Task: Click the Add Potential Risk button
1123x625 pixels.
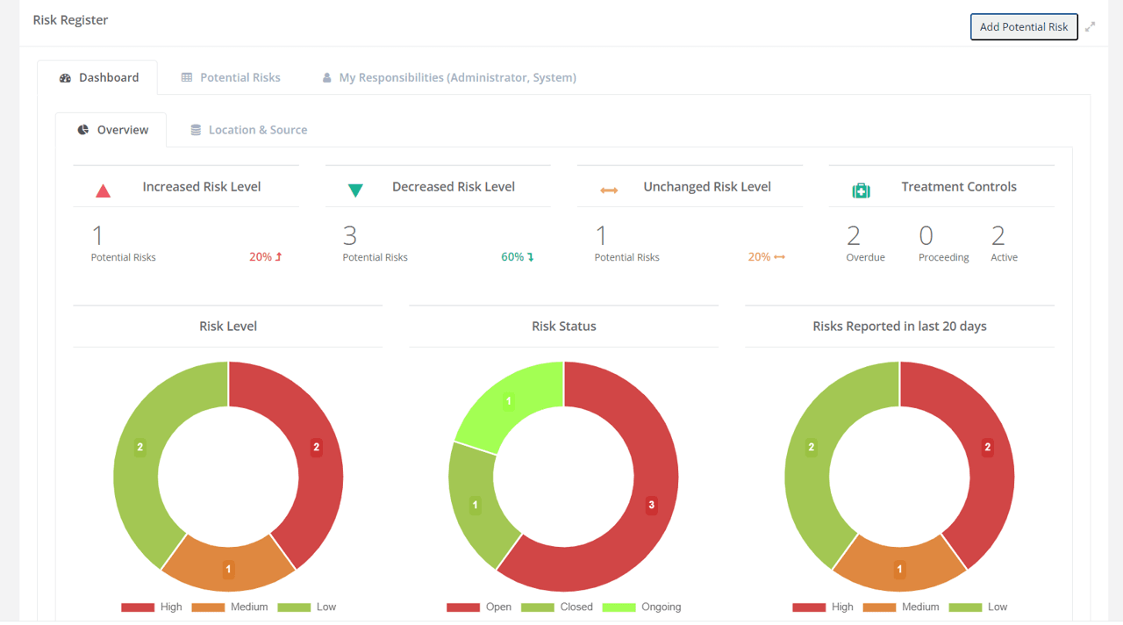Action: (x=1023, y=26)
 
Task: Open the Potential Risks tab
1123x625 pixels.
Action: (x=231, y=77)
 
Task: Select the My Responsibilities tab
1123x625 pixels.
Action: (x=448, y=77)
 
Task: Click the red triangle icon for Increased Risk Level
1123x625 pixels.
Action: (x=103, y=190)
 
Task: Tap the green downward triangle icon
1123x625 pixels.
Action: (x=355, y=190)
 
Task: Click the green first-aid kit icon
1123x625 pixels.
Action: (x=861, y=190)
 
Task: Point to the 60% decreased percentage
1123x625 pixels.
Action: (x=517, y=257)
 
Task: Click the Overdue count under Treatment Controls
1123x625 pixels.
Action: (x=854, y=236)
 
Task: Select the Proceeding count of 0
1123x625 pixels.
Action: (x=926, y=236)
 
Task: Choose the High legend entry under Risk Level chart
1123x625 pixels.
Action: (x=152, y=607)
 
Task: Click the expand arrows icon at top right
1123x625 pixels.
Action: (x=1090, y=26)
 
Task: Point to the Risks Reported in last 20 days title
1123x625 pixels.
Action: (x=899, y=326)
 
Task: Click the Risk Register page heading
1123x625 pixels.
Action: (x=70, y=19)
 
